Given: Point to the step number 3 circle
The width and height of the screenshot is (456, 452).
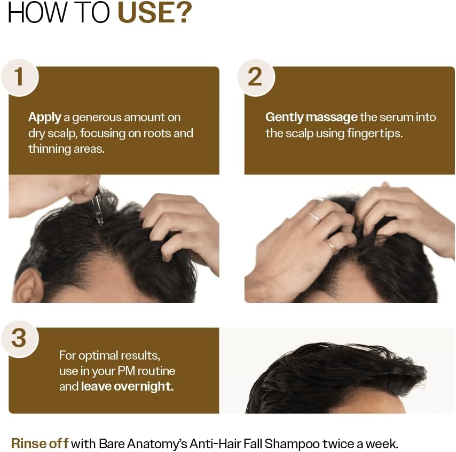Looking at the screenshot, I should coord(19,338).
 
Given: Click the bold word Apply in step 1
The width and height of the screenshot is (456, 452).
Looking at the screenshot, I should coord(44,118).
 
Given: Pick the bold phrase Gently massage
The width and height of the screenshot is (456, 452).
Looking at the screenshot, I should coord(311,117).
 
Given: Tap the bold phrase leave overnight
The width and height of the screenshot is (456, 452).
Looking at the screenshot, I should coord(127,386).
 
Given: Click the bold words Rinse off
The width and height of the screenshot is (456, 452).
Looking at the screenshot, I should coord(40,443).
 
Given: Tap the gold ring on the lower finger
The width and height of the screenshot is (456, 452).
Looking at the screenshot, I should coord(332,246).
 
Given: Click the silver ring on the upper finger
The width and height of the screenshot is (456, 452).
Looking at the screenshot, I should coord(314,216).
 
